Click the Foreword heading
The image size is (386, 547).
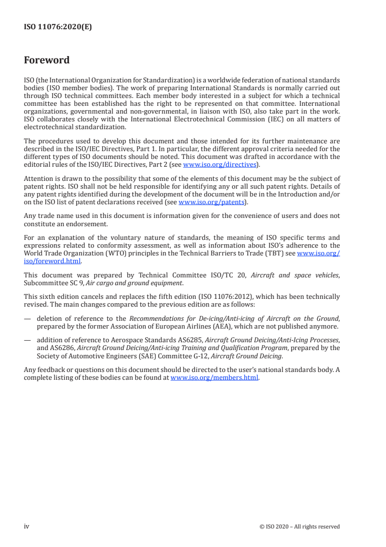click(x=47, y=60)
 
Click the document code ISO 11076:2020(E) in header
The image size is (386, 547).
click(x=57, y=27)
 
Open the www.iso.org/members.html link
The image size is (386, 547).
click(x=215, y=378)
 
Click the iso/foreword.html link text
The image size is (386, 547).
click(x=53, y=261)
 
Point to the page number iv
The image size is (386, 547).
click(x=27, y=526)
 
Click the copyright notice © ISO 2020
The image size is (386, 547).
click(x=300, y=527)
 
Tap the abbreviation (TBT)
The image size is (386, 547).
click(x=278, y=254)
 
